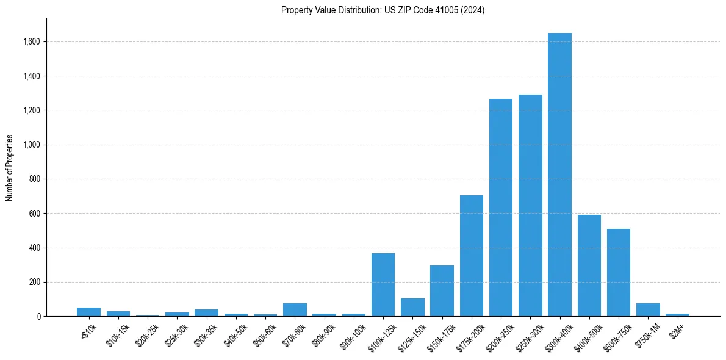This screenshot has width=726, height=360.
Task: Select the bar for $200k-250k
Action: tap(501, 207)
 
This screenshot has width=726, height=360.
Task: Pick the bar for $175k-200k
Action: tap(472, 256)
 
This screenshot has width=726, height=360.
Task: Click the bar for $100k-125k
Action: tap(383, 285)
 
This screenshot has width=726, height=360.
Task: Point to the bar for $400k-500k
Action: tap(589, 265)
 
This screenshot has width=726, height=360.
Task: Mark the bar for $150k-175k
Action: tap(442, 291)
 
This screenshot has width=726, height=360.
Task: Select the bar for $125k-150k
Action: tap(412, 308)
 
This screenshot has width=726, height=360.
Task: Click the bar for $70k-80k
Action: tap(295, 310)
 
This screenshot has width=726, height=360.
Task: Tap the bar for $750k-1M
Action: tap(648, 310)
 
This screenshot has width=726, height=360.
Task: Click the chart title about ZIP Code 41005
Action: tap(383, 10)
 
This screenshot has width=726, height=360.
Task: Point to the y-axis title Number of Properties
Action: tap(10, 168)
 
